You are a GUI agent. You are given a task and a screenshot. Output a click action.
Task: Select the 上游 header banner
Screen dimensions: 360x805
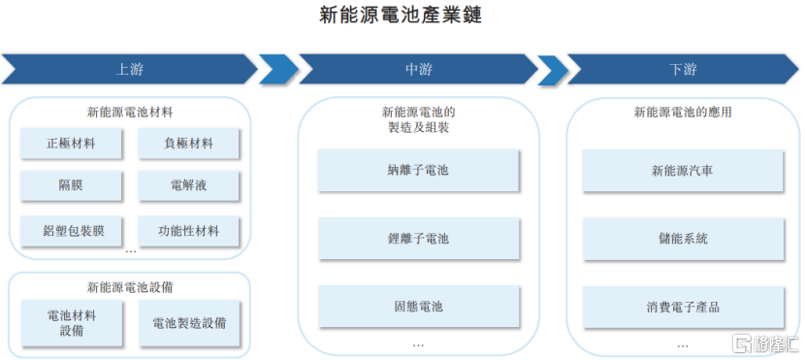click(x=131, y=70)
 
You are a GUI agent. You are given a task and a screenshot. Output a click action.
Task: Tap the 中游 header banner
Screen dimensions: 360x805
click(x=418, y=70)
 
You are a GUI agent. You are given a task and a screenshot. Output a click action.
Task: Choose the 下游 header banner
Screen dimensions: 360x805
click(x=682, y=70)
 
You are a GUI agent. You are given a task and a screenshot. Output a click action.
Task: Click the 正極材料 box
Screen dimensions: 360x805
click(x=71, y=144)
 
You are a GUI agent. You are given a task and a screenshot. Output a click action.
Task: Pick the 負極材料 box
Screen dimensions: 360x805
click(x=188, y=144)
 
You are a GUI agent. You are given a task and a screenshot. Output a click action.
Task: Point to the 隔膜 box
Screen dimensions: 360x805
click(x=71, y=184)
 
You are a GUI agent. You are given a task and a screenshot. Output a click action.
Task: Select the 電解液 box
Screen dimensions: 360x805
click(x=188, y=184)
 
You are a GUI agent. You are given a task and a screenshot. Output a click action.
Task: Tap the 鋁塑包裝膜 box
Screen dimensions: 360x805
click(x=71, y=231)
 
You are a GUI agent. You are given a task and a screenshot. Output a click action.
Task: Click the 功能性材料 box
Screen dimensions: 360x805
click(x=188, y=231)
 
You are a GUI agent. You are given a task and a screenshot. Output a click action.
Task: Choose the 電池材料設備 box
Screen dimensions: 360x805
click(x=71, y=323)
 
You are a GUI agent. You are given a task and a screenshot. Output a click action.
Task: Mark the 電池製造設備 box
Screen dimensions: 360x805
click(x=188, y=323)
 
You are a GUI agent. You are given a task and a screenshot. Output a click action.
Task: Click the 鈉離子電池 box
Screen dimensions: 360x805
click(x=418, y=171)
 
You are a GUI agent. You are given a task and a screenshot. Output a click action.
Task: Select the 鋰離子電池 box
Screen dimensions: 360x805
click(x=418, y=238)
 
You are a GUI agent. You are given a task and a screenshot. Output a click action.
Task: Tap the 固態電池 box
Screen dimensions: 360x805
click(x=418, y=306)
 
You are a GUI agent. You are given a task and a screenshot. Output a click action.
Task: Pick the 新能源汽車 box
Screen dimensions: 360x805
click(x=682, y=171)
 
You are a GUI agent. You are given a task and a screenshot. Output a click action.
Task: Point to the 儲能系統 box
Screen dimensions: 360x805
click(x=682, y=238)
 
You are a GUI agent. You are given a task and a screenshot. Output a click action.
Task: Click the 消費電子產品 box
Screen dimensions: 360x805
click(x=682, y=307)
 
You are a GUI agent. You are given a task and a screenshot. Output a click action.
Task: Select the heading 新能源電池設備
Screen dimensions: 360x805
click(x=131, y=287)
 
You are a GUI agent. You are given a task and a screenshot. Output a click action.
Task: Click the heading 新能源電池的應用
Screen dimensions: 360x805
click(x=682, y=113)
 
